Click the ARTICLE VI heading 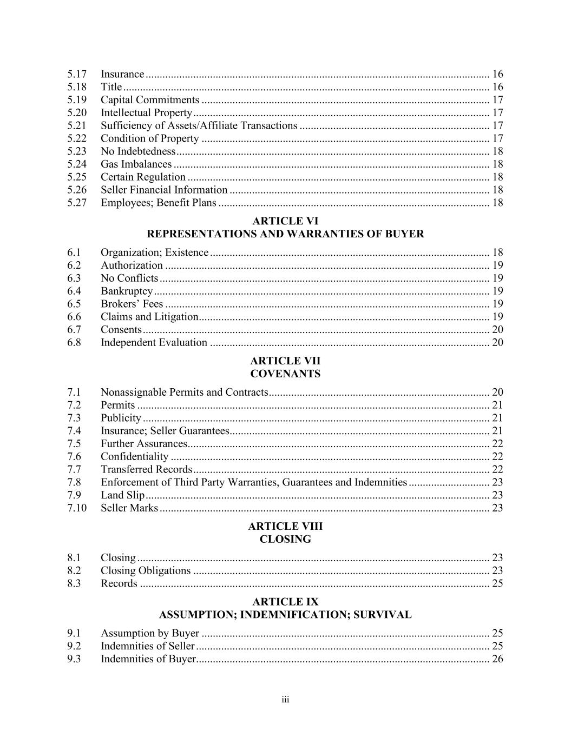point(285,221)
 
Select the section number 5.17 point(77,74)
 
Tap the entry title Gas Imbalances point(136,164)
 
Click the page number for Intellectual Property point(497,113)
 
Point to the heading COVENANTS point(285,374)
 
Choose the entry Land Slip point(122,495)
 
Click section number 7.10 point(77,508)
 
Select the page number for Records point(497,583)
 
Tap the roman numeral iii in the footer point(285,700)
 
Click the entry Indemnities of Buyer point(148,659)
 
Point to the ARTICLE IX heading point(285,602)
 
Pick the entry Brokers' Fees point(132,304)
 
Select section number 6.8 point(74,343)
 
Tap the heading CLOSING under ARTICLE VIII point(285,540)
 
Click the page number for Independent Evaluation point(497,343)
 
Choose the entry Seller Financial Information point(164,190)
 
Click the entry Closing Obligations point(146,571)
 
